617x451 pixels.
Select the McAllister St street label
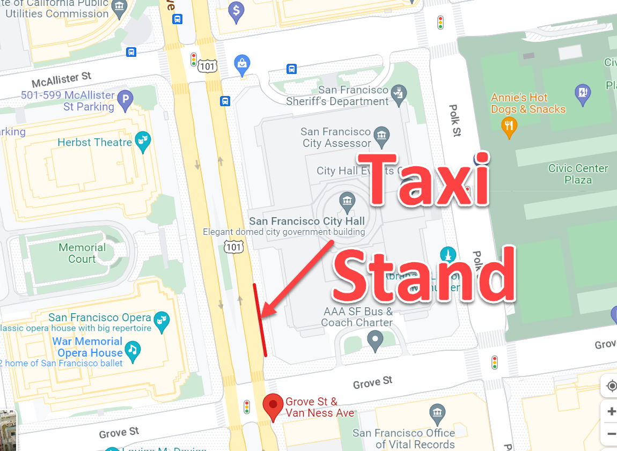point(62,80)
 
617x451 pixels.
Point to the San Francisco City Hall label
point(307,221)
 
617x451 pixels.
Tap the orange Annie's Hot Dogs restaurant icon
point(509,126)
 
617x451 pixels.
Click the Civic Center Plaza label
point(578,174)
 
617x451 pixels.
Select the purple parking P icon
point(125,100)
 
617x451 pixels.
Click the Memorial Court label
point(82,253)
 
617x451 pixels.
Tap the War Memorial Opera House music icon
point(132,351)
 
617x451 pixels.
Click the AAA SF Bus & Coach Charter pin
point(374,338)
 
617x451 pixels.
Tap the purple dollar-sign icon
point(236,10)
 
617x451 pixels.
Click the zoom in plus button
point(611,411)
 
